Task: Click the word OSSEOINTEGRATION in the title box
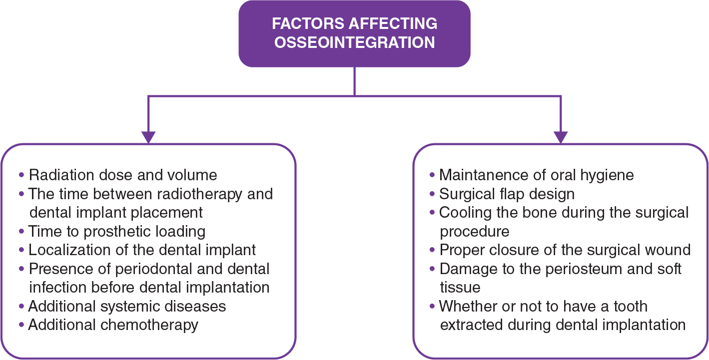point(354,42)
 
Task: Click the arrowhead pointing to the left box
point(148,136)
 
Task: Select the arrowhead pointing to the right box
point(561,136)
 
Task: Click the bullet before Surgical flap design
point(433,194)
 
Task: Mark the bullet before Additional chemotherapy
point(21,325)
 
